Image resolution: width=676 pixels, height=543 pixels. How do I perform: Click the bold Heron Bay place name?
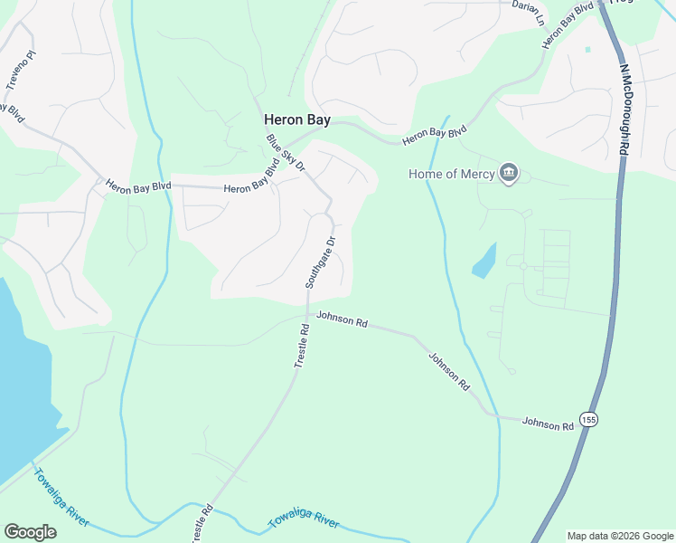coord(297,119)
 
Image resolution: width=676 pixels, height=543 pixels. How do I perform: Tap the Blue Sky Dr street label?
coord(286,153)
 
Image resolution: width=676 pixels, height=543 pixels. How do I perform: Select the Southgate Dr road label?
coord(320,262)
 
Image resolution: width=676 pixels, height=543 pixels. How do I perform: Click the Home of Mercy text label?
coord(452,174)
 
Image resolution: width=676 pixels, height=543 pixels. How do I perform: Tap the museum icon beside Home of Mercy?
coord(508,173)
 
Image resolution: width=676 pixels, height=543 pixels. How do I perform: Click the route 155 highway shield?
coord(589,420)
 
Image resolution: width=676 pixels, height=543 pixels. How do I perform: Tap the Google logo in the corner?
coord(30,532)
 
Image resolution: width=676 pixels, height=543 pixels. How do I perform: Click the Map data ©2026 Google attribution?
coord(620,536)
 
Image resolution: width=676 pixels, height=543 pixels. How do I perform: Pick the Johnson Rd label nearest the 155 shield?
coord(548,423)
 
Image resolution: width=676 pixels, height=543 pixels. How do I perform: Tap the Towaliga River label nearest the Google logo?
coord(61,497)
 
